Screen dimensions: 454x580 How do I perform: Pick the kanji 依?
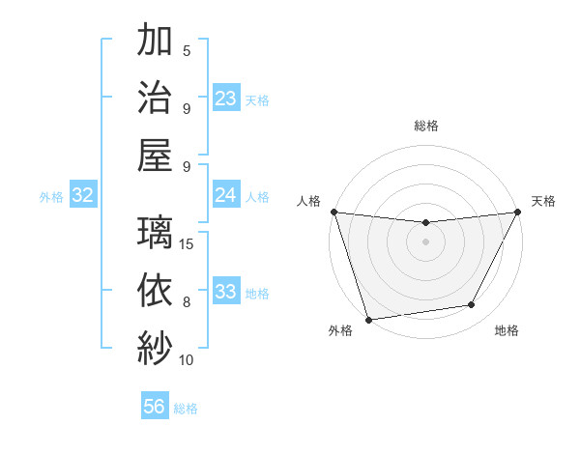(155, 290)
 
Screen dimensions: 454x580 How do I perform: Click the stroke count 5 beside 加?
(187, 51)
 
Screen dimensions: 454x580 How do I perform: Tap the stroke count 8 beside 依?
(187, 302)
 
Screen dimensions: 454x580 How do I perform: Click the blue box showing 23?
(226, 99)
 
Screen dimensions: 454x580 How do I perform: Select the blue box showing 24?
(226, 195)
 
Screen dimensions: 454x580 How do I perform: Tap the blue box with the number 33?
(226, 292)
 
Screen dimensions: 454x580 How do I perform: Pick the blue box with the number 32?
(83, 195)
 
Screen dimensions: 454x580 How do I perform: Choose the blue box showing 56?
(155, 407)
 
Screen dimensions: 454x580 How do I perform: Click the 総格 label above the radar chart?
(426, 126)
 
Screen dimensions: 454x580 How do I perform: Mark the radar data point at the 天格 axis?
(518, 213)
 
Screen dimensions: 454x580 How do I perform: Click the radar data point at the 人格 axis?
(333, 212)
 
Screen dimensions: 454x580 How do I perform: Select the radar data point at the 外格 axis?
(368, 319)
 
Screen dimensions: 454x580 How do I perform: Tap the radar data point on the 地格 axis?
(472, 305)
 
